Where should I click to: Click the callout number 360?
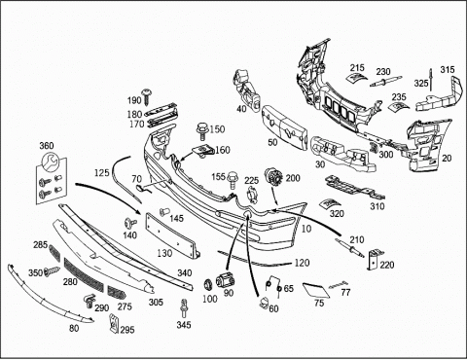47,146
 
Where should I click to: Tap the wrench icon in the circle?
51,161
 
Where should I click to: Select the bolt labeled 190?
149,96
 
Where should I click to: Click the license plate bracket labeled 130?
172,234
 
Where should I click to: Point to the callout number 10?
306,229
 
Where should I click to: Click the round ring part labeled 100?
208,284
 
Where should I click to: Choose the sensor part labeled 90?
226,279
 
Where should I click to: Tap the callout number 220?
387,265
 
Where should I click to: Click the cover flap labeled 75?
315,290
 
